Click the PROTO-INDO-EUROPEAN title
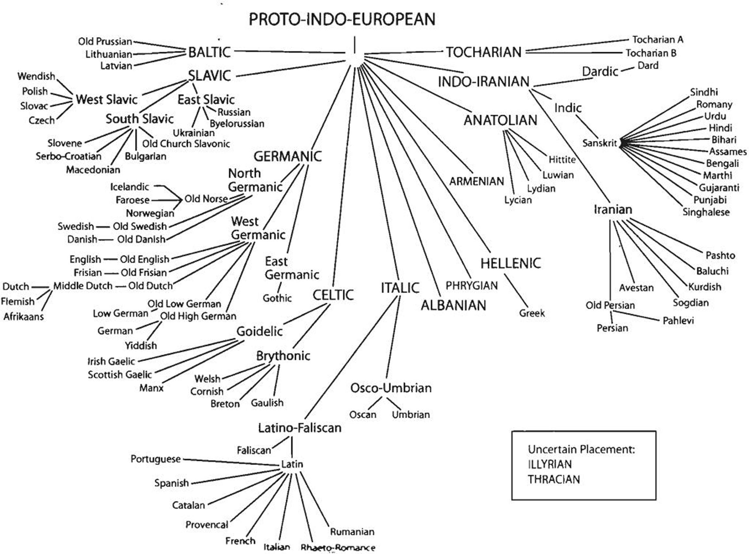pyautogui.click(x=342, y=19)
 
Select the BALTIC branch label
pyautogui.click(x=209, y=52)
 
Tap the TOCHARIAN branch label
pyautogui.click(x=484, y=52)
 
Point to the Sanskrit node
pyautogui.click(x=600, y=143)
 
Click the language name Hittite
pyautogui.click(x=562, y=160)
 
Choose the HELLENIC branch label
pyautogui.click(x=510, y=263)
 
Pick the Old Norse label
pyautogui.click(x=206, y=199)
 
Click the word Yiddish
pyautogui.click(x=141, y=345)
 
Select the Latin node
pyautogui.click(x=292, y=464)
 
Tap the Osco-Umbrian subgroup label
pyautogui.click(x=391, y=388)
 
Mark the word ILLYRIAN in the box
pyautogui.click(x=549, y=464)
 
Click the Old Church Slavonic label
pyautogui.click(x=186, y=144)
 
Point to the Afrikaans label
pyautogui.click(x=23, y=316)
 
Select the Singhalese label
pyautogui.click(x=706, y=212)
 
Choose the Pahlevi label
pyautogui.click(x=678, y=321)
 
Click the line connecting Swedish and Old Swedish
pyautogui.click(x=103, y=227)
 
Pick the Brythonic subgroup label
pyautogui.click(x=283, y=356)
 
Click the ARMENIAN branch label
pyautogui.click(x=476, y=181)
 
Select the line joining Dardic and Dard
pyautogui.click(x=627, y=70)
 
